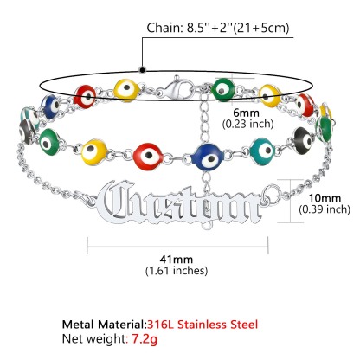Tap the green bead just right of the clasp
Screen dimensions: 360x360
[222, 89]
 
